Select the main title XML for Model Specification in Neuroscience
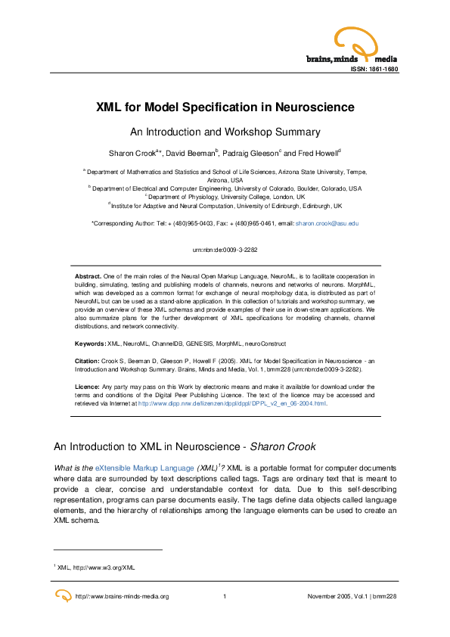pyautogui.click(x=225, y=107)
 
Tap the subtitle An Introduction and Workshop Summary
pyautogui.click(x=225, y=131)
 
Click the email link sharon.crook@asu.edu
pyautogui.click(x=327, y=224)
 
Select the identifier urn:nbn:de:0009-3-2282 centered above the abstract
pyautogui.click(x=225, y=249)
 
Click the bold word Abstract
pyautogui.click(x=88, y=276)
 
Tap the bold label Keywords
pyautogui.click(x=89, y=343)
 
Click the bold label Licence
pyautogui.click(x=88, y=387)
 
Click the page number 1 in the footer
pyautogui.click(x=225, y=597)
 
